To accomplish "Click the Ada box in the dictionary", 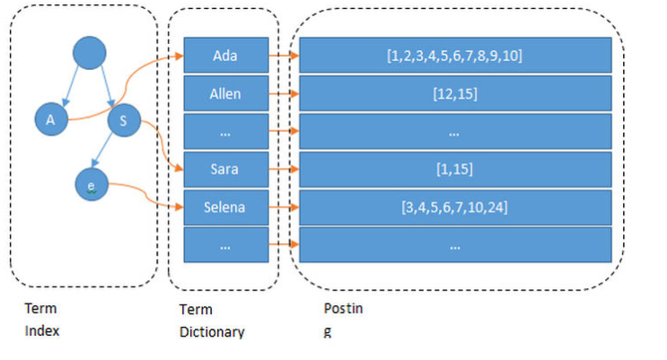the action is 226,56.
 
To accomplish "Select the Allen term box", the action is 226,93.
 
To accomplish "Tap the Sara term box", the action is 226,170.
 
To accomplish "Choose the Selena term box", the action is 226,207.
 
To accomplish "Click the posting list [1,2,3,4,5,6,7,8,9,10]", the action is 455,56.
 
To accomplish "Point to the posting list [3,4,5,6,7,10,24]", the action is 455,207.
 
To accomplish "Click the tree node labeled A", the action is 51,119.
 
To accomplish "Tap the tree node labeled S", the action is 124,120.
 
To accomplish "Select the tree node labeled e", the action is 92,185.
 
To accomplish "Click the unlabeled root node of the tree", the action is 90,53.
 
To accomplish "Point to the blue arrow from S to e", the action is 102,149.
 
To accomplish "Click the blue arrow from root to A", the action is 71,86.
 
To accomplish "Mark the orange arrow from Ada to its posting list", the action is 284,56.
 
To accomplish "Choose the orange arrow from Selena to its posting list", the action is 284,207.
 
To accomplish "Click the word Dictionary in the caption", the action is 212,332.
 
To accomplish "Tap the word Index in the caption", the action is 41,330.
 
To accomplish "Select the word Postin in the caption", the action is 343,308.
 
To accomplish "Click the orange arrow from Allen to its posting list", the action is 284,93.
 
